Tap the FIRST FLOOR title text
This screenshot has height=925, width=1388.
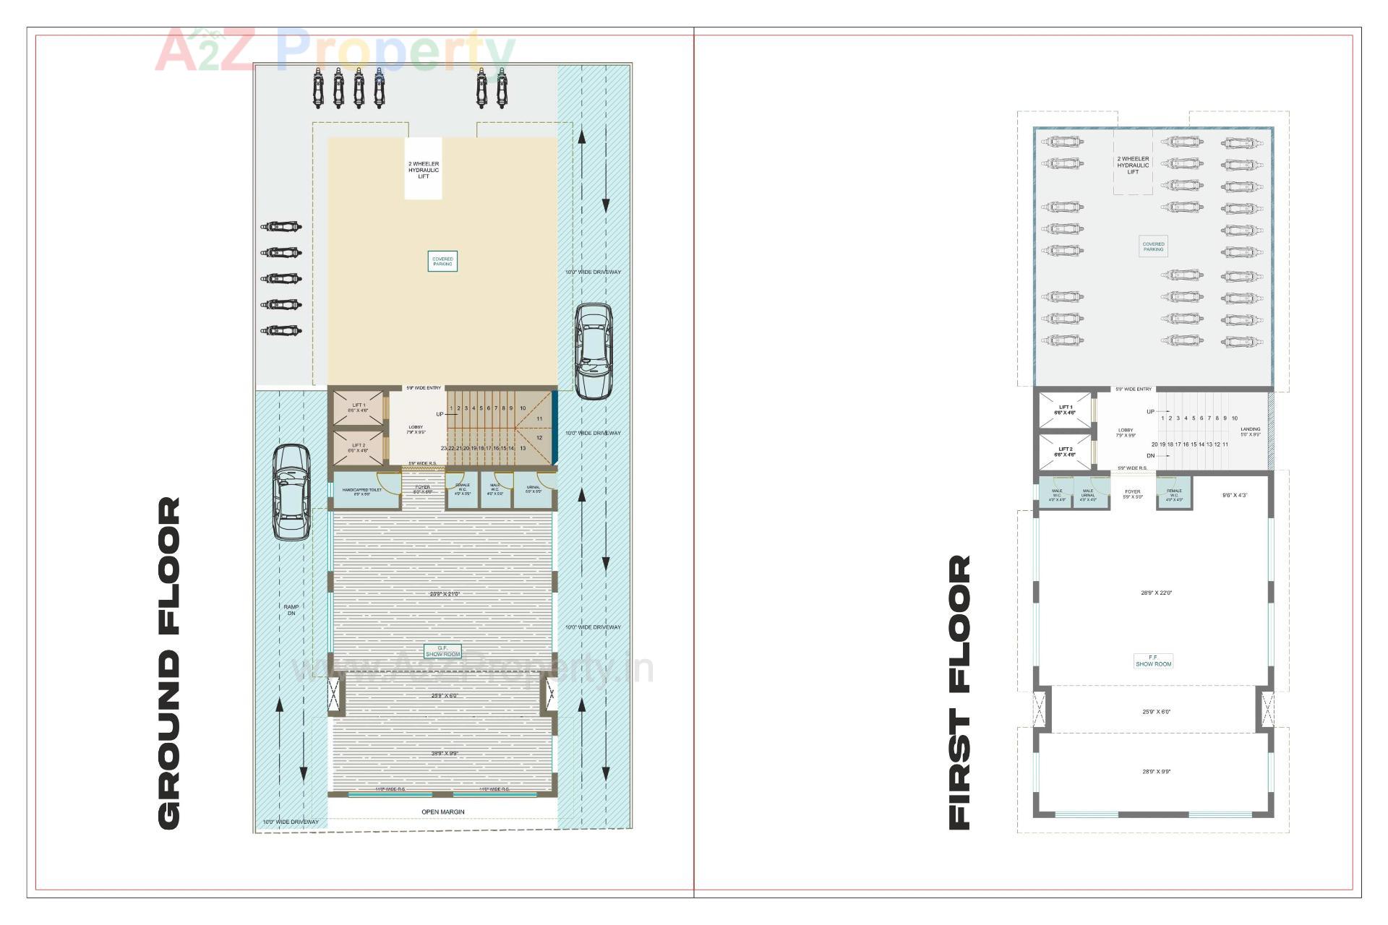pyautogui.click(x=959, y=692)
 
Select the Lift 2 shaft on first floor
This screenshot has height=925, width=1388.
pyautogui.click(x=1065, y=452)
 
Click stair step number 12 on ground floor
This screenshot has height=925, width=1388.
pyautogui.click(x=539, y=438)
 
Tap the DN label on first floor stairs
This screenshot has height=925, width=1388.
pyautogui.click(x=1150, y=456)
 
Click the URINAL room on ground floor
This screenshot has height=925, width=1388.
pyautogui.click(x=534, y=489)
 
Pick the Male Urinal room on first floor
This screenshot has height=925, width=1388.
pyautogui.click(x=1089, y=495)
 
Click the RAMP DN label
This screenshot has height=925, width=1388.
pyautogui.click(x=291, y=610)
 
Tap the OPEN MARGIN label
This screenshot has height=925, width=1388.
pyautogui.click(x=443, y=812)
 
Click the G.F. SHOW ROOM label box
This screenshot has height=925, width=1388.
pyautogui.click(x=442, y=651)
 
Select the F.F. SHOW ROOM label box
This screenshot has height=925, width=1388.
pyautogui.click(x=1153, y=661)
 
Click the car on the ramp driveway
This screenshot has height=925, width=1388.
pyautogui.click(x=292, y=492)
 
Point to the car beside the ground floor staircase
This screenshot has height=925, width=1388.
pyautogui.click(x=594, y=351)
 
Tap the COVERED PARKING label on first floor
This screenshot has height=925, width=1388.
pyautogui.click(x=1153, y=246)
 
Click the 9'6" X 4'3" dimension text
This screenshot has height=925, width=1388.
pyautogui.click(x=1235, y=496)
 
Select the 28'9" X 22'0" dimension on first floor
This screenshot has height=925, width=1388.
pyautogui.click(x=1156, y=593)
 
